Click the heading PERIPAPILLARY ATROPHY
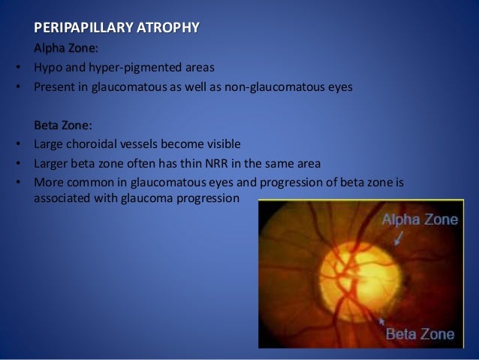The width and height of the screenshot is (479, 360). click(116, 29)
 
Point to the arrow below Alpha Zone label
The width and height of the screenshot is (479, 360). click(397, 238)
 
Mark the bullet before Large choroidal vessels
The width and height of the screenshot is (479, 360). click(17, 143)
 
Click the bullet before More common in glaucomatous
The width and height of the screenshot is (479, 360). click(17, 181)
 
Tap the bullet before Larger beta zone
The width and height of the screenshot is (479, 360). click(17, 162)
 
